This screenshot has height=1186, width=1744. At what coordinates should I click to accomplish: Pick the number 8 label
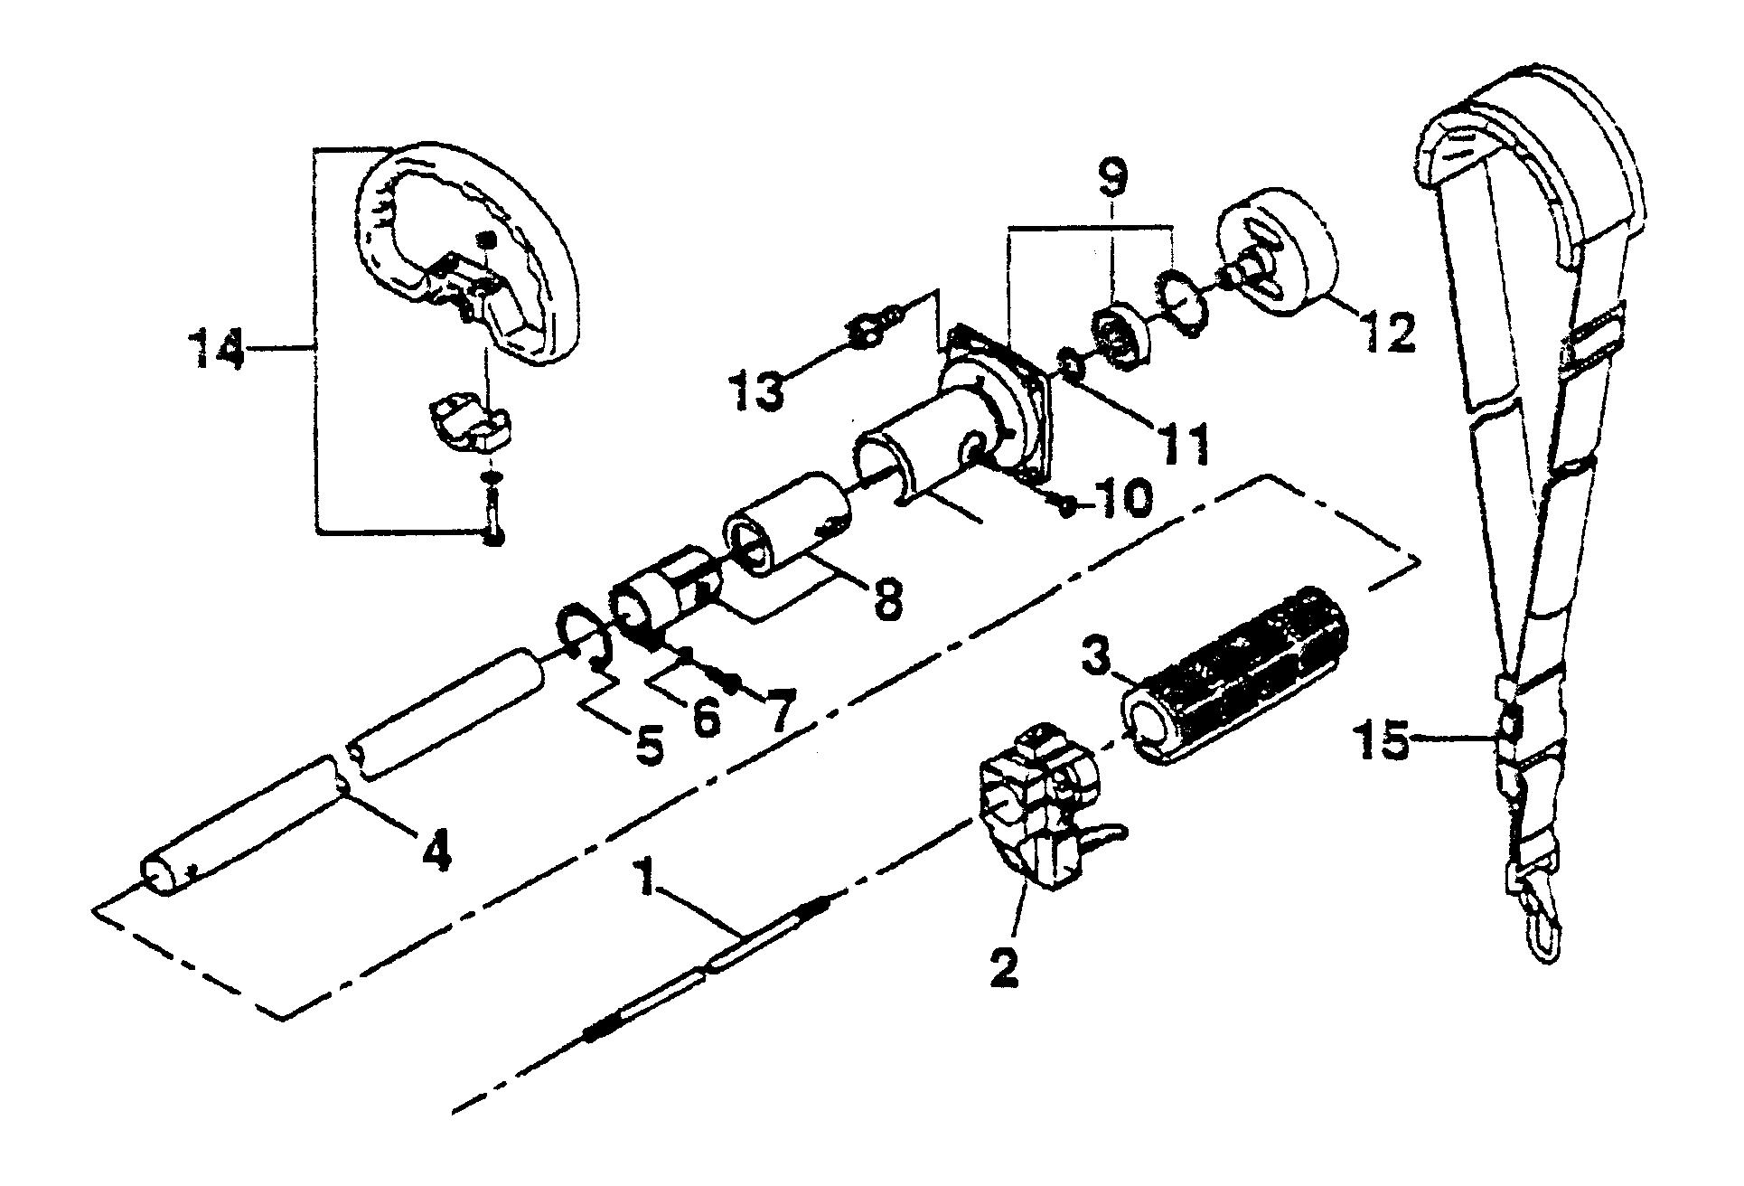coord(887,599)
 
